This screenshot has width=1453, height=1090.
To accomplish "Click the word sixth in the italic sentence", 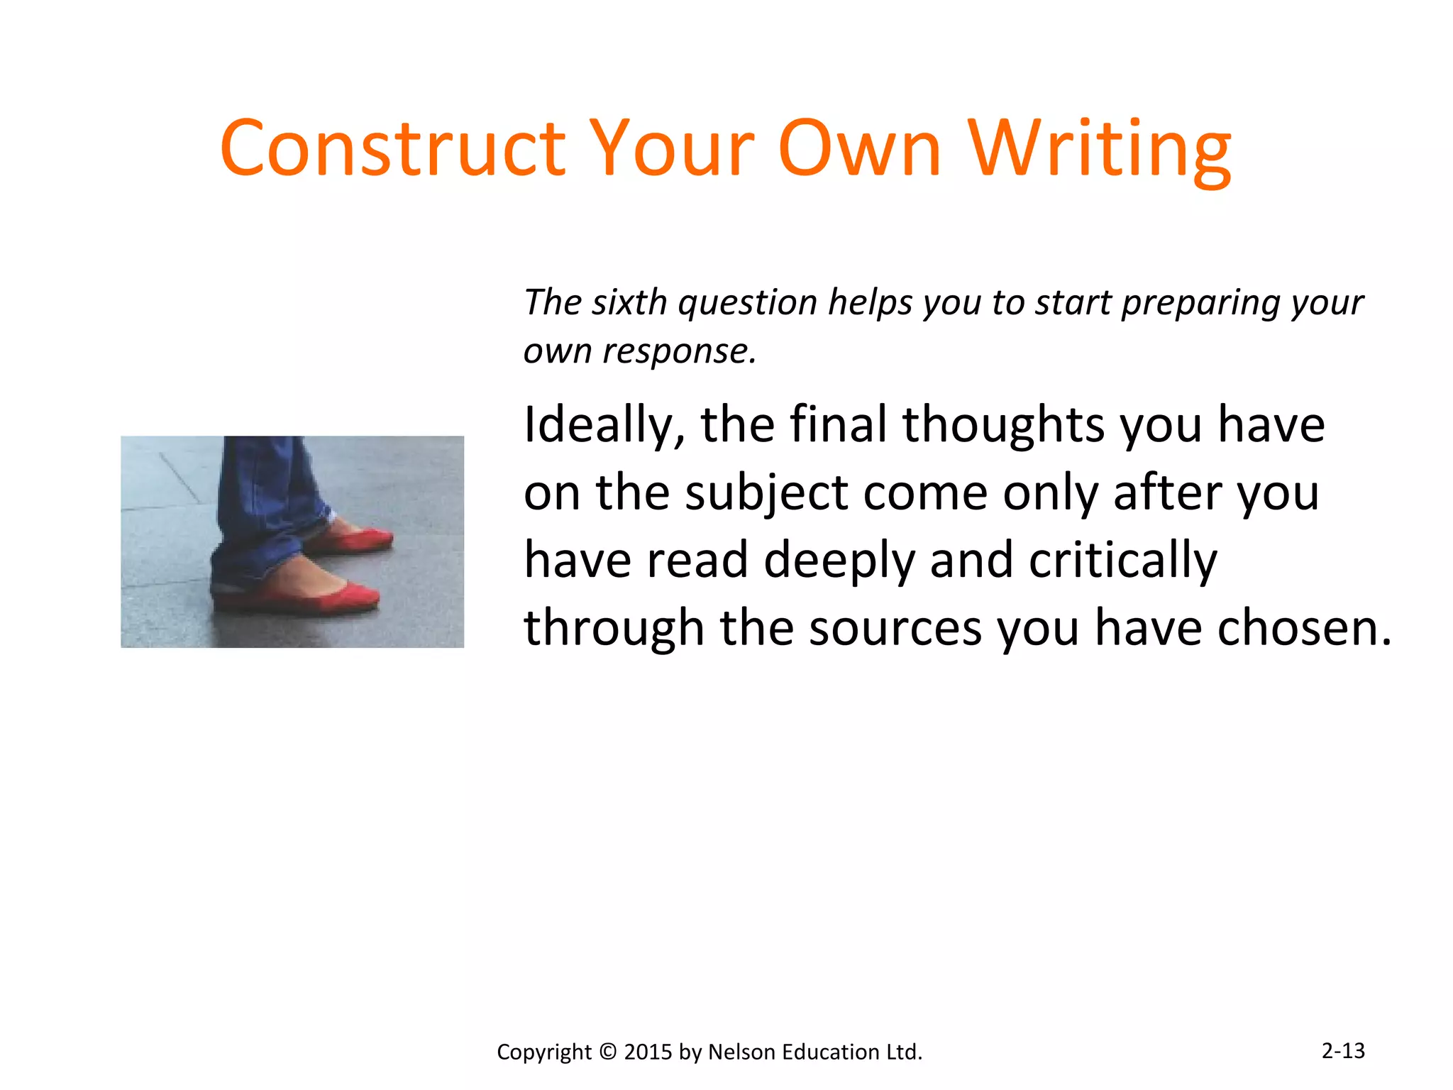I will (x=629, y=302).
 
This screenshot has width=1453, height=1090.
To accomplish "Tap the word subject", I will (x=766, y=493).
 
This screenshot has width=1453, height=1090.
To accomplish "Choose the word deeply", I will (x=839, y=561).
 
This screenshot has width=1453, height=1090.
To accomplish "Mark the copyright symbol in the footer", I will (x=608, y=1052).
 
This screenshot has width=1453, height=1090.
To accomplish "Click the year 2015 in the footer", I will (x=648, y=1052).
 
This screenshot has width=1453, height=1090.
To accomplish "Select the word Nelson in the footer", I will (x=740, y=1052).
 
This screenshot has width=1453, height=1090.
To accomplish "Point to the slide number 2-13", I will (x=1343, y=1050).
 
